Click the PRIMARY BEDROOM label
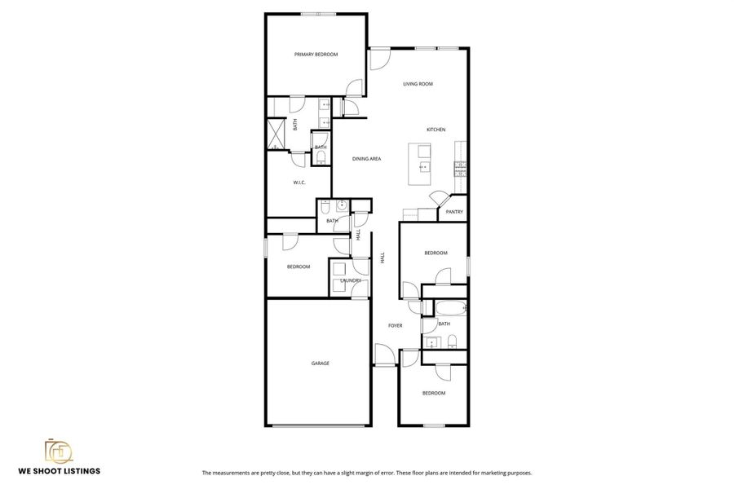tap(316, 55)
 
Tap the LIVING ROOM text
tap(418, 84)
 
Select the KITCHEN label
tap(436, 130)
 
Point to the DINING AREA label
tap(367, 159)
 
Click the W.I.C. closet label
tap(299, 183)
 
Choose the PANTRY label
tap(454, 212)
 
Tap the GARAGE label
tap(320, 363)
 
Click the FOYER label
tap(395, 326)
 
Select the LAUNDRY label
tap(351, 280)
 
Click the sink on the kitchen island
tap(423, 167)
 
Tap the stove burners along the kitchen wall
tap(461, 169)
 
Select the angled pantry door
tap(439, 199)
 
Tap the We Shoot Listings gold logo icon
tap(59, 452)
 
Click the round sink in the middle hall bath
tap(342, 205)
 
